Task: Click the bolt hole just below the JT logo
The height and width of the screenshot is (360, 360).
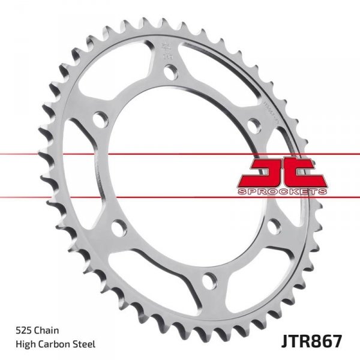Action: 274,227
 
